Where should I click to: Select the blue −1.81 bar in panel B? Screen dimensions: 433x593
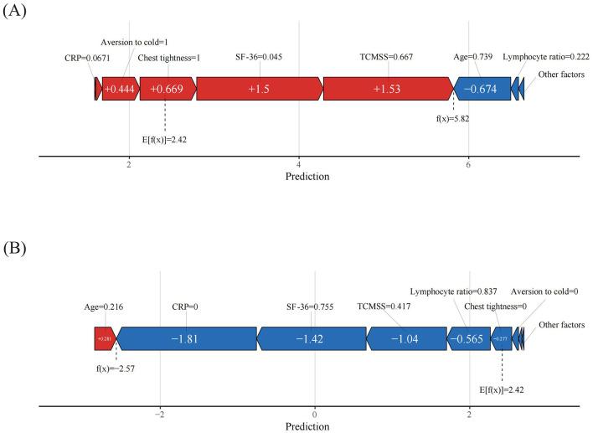click(187, 338)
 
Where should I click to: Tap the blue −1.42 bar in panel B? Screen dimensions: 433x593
click(312, 338)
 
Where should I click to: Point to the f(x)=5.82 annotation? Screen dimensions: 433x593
click(453, 119)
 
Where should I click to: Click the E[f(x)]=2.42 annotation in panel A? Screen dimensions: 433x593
click(165, 138)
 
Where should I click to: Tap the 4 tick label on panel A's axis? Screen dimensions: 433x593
click(299, 166)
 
